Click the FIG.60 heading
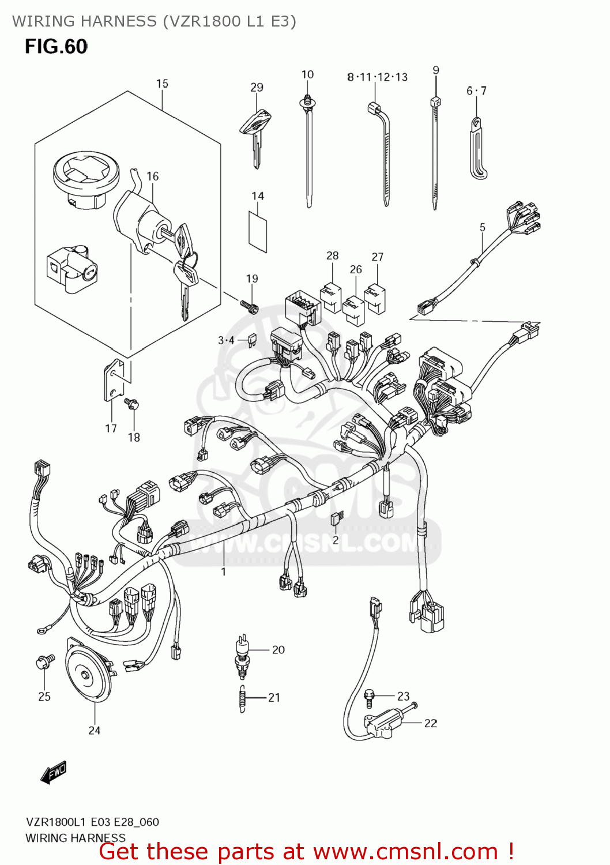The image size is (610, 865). click(56, 46)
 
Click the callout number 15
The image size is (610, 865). click(162, 84)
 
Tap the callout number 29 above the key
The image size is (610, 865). click(257, 87)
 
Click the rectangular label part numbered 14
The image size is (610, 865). click(258, 231)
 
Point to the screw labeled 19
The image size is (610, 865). click(250, 305)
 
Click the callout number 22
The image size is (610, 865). click(431, 723)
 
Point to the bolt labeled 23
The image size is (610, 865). click(370, 697)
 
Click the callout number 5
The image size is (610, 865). click(483, 228)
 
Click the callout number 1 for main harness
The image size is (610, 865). click(224, 571)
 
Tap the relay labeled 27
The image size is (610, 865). click(375, 298)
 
